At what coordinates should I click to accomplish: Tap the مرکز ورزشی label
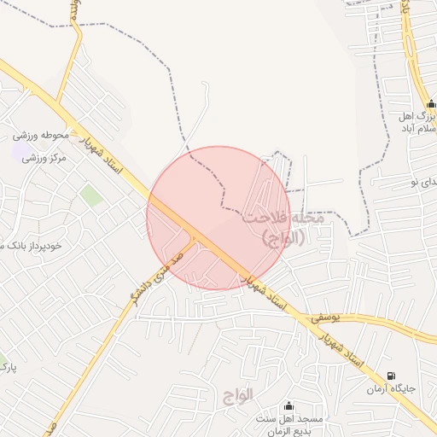coord(44,158)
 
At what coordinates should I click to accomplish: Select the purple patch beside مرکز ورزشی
coord(18,153)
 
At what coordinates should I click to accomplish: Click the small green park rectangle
coord(90,195)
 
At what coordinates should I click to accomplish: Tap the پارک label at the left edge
coord(8,368)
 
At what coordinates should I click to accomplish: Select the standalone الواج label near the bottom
coord(240,396)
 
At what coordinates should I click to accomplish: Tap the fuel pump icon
coord(391,376)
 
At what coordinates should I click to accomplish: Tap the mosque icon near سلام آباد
coord(431,113)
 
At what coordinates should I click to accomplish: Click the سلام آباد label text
coord(417,129)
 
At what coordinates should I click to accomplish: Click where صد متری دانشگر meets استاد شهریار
coord(195,236)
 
